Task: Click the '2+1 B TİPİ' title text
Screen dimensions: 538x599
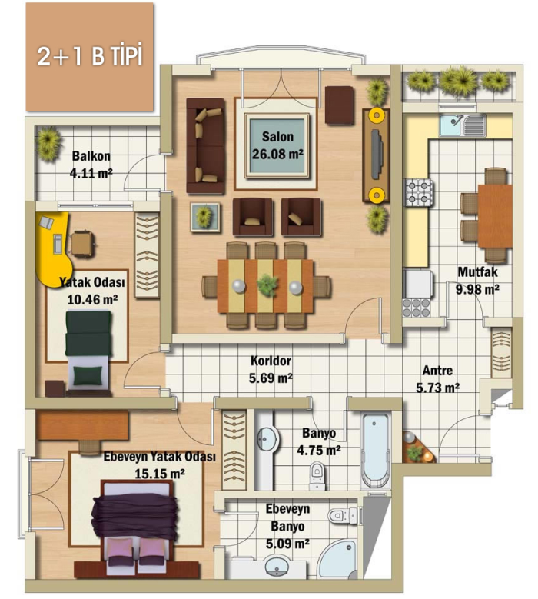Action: [90, 56]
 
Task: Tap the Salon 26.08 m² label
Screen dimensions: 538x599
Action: [277, 145]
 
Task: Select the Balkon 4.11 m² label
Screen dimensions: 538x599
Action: [91, 165]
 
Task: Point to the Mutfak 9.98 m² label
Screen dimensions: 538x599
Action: [477, 281]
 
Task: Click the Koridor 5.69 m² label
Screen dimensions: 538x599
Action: [271, 369]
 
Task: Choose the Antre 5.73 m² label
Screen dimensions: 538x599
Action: [437, 379]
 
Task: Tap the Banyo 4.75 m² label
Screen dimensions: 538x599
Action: [319, 441]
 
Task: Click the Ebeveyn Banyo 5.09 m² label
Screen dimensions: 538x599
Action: [287, 526]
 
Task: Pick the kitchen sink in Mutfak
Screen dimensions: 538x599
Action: [463, 125]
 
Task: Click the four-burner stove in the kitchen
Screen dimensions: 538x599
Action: [419, 193]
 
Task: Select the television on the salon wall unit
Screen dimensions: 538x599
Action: [377, 154]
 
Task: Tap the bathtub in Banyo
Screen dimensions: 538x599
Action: [376, 451]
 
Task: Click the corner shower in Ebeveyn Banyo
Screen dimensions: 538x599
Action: [339, 561]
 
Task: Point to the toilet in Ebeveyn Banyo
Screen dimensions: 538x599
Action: [343, 515]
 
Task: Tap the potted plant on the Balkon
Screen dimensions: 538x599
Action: [48, 143]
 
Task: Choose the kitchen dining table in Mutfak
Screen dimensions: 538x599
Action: [495, 216]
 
